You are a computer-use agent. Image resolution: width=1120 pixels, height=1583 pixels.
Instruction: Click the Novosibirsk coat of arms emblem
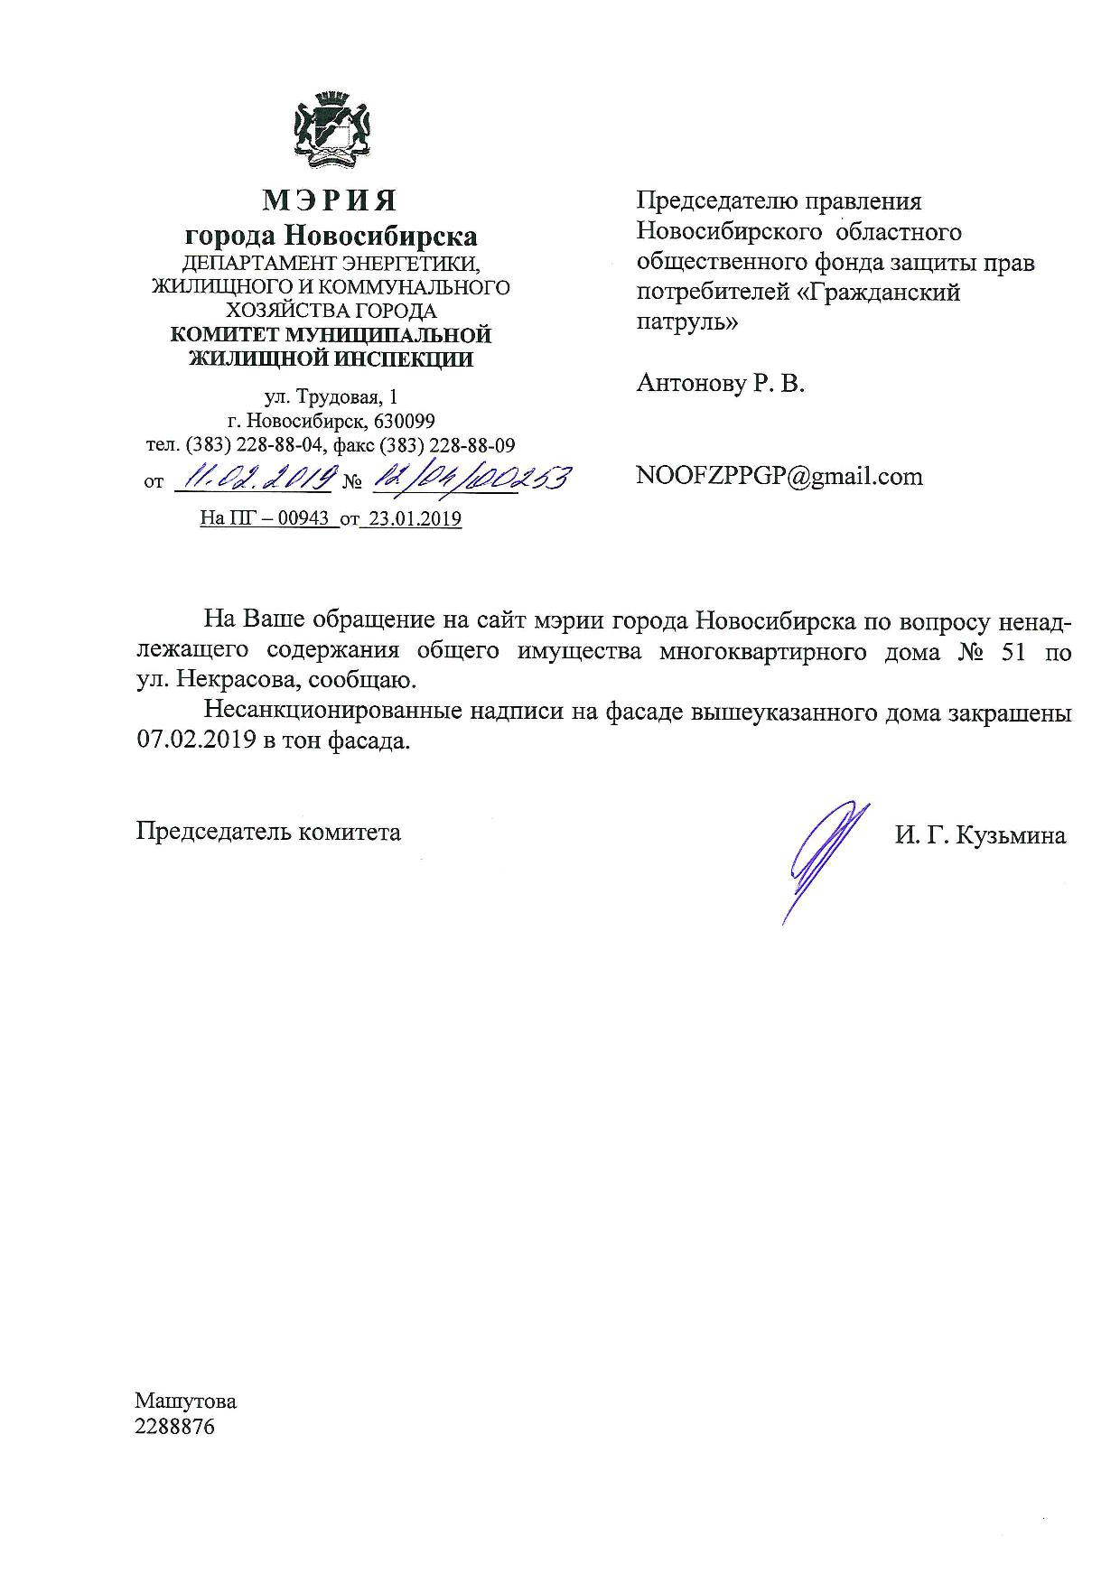(330, 134)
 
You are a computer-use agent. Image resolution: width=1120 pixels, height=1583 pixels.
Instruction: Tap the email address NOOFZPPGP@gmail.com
(779, 476)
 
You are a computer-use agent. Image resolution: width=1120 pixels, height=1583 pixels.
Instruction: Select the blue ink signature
(824, 858)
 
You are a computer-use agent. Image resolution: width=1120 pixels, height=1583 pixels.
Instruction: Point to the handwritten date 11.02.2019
(256, 477)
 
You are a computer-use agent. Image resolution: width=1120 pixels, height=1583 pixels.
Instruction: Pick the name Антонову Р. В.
(720, 383)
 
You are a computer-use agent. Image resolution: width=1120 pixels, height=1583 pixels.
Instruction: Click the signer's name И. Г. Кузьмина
(980, 835)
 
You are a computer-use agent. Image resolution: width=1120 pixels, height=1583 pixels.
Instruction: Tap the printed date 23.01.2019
(411, 519)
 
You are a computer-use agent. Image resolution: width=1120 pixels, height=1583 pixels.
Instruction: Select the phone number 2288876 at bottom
(175, 1428)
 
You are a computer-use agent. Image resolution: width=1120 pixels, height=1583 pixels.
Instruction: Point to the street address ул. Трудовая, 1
(330, 397)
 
